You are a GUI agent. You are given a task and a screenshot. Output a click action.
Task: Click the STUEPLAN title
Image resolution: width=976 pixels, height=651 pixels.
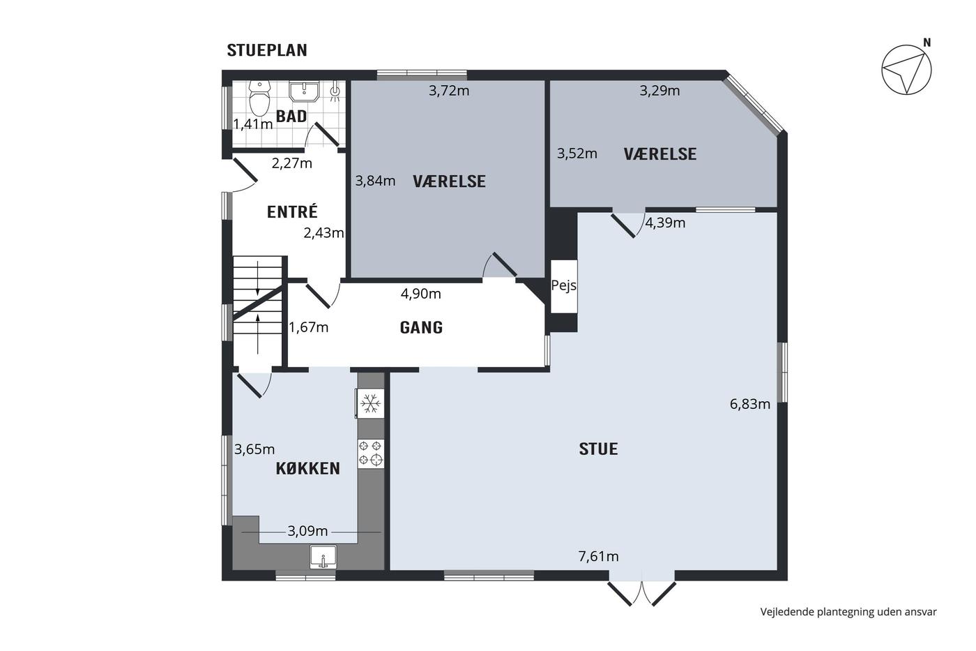267,50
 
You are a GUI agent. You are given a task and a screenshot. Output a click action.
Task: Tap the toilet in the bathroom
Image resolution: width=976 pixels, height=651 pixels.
260,98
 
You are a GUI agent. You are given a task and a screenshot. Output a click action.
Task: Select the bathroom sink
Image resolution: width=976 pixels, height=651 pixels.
304,91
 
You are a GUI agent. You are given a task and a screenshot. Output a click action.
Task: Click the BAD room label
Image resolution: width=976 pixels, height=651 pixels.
291,117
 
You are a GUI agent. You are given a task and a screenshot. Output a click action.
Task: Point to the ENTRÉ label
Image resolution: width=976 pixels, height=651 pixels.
292,212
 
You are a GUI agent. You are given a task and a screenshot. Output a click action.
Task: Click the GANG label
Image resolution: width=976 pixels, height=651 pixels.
421,327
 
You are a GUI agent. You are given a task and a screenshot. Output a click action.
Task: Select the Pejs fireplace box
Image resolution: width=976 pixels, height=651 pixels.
564,286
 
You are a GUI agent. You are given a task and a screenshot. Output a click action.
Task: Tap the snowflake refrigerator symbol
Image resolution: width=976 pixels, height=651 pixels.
370,404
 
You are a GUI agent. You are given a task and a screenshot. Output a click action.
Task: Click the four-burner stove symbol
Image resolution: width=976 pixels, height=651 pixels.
371,454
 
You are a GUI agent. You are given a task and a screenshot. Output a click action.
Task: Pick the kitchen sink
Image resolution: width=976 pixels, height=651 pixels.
323,557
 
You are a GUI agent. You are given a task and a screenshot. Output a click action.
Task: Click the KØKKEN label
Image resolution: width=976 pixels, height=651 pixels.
308,469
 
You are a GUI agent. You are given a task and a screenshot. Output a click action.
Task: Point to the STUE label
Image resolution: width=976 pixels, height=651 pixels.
598,449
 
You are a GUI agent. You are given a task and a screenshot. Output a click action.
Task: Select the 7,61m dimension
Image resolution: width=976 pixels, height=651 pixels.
598,556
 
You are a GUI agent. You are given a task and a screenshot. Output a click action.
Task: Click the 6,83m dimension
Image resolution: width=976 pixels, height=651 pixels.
750,404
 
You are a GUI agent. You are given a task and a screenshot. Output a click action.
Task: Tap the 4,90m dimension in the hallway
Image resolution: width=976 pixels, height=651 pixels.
421,294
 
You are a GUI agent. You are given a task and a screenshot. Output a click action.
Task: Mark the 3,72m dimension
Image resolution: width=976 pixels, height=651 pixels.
449,91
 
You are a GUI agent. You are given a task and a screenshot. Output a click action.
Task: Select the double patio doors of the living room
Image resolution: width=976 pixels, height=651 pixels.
642,594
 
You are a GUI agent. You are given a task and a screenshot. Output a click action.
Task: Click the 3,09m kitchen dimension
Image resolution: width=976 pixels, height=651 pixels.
307,531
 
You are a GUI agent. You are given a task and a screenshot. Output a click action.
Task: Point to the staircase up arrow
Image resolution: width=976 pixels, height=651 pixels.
258,334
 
